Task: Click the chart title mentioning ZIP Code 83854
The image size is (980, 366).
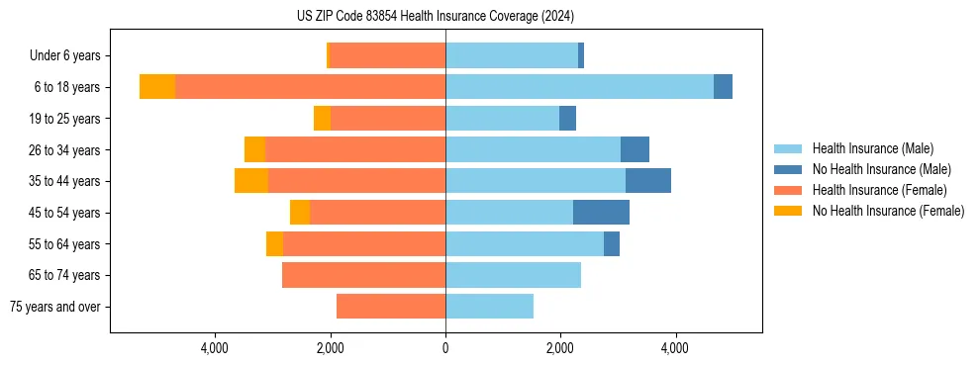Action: point(436,16)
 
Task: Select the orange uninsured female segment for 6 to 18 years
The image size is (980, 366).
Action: point(157,87)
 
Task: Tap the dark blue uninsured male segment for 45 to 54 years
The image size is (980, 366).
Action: point(601,213)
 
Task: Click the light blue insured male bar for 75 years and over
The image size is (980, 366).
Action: point(489,307)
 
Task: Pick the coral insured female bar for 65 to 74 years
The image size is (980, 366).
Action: point(363,275)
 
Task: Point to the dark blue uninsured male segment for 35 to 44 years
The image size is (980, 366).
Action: point(648,181)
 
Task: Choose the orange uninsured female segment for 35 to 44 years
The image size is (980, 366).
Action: point(251,181)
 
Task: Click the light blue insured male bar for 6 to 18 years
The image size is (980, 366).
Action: point(579,87)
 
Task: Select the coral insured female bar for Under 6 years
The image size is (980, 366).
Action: point(387,55)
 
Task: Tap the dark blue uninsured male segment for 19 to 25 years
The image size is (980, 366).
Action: point(567,119)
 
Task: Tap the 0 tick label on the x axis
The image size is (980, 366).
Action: point(445,348)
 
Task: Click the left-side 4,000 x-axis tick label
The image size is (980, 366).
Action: point(215,348)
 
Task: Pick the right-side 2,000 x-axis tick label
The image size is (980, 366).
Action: point(560,348)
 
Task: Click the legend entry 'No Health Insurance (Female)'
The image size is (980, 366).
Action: point(888,211)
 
